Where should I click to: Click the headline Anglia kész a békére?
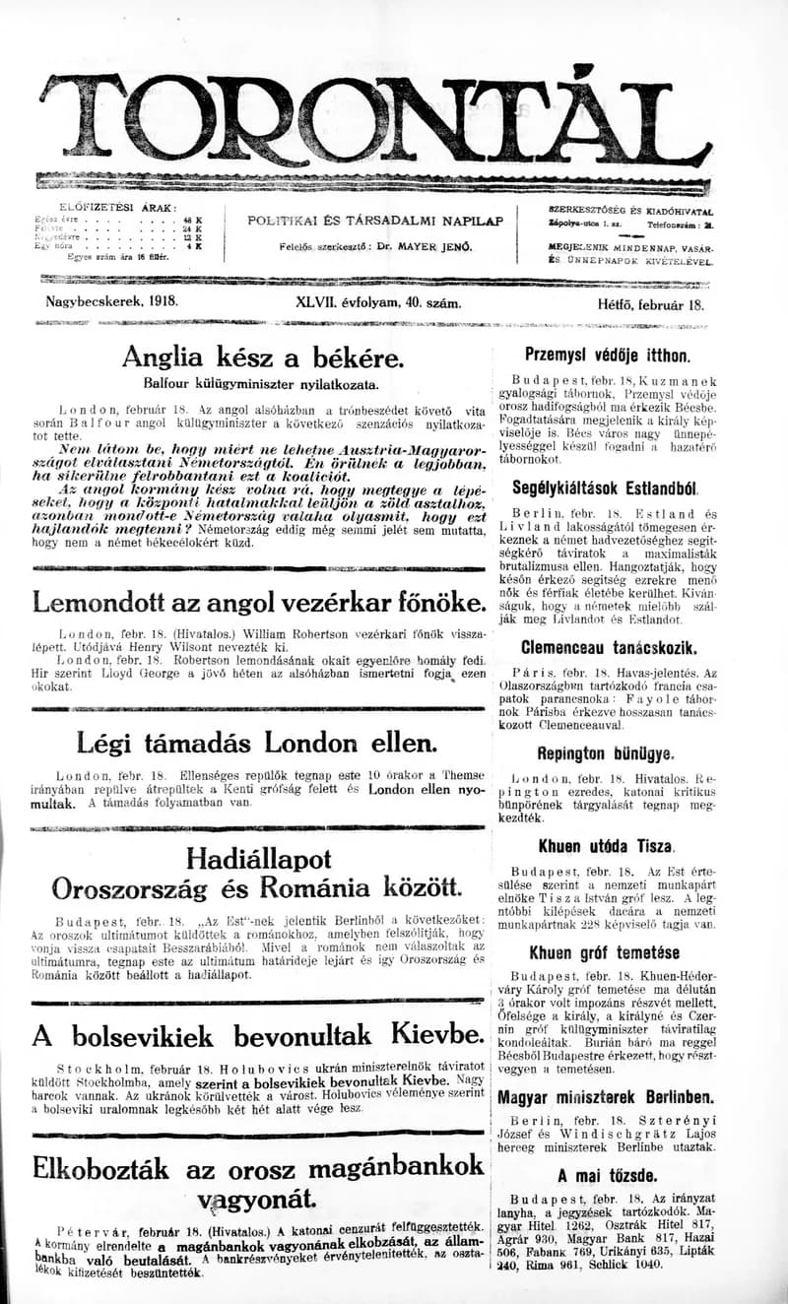click(262, 356)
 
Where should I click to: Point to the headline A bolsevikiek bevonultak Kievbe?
click(258, 1034)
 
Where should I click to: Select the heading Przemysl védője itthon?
click(607, 357)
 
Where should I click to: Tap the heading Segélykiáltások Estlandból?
click(605, 487)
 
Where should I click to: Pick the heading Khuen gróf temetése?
click(604, 952)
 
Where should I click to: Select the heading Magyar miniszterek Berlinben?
click(605, 1097)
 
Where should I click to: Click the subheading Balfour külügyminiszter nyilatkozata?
click(262, 383)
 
